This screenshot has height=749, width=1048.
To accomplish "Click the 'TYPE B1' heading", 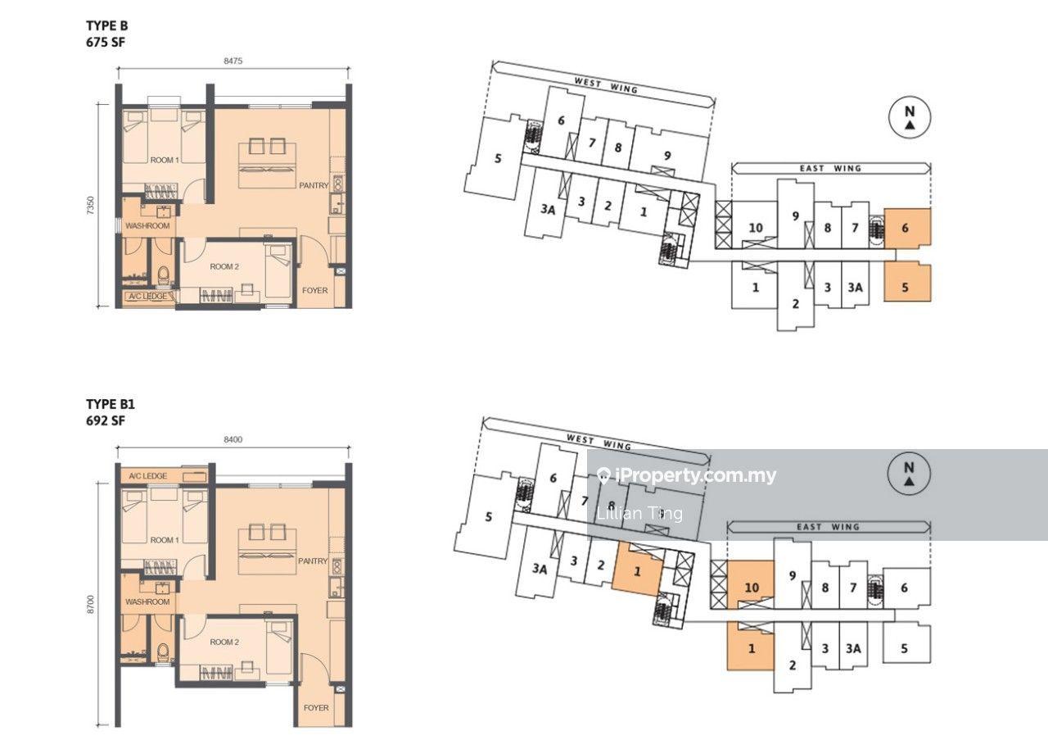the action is pyautogui.click(x=111, y=404).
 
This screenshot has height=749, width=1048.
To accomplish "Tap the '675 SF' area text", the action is pyautogui.click(x=106, y=42).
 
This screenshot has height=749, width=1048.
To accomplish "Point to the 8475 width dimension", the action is pyautogui.click(x=233, y=61).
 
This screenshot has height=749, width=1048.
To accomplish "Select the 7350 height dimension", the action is pyautogui.click(x=91, y=206).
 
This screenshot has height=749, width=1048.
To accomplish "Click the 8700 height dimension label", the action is pyautogui.click(x=91, y=604).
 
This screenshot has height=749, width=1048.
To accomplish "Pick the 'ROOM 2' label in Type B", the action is pyautogui.click(x=224, y=266).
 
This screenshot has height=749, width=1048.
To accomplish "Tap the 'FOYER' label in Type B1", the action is pyautogui.click(x=316, y=708).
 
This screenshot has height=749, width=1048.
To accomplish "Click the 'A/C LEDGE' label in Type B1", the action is pyautogui.click(x=148, y=475).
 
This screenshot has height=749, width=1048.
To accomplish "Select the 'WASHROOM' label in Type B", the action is pyautogui.click(x=147, y=225).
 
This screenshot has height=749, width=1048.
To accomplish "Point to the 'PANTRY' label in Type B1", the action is pyautogui.click(x=313, y=561).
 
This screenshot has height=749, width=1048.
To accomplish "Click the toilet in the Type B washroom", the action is pyautogui.click(x=163, y=275).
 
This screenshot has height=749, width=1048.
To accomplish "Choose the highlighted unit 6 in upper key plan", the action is pyautogui.click(x=907, y=228).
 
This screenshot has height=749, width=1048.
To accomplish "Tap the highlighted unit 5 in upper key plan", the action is pyautogui.click(x=907, y=282).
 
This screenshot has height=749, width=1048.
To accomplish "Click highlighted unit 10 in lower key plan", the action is pyautogui.click(x=751, y=585).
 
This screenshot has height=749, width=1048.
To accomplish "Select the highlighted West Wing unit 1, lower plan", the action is pyautogui.click(x=638, y=570).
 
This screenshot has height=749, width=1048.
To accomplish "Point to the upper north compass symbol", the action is pyautogui.click(x=910, y=117).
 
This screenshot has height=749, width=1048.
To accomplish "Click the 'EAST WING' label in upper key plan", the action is pyautogui.click(x=830, y=168).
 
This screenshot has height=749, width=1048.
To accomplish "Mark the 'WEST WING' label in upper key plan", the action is pyautogui.click(x=606, y=86).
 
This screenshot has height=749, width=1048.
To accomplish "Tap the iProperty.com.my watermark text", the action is pyautogui.click(x=687, y=475).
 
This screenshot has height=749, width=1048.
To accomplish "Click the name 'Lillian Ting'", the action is pyautogui.click(x=639, y=514).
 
